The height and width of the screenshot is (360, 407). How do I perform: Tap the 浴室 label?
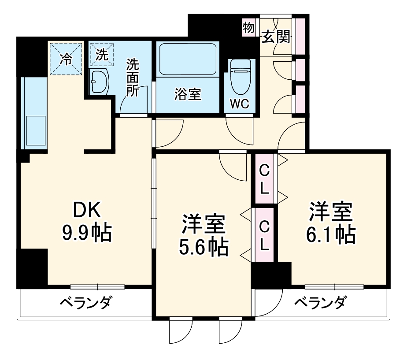pos(188,94)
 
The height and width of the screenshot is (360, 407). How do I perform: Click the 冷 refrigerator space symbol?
pos(66,59)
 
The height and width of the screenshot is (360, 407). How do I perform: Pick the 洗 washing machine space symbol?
pos(101,55)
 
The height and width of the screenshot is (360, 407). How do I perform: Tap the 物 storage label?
pos(248,28)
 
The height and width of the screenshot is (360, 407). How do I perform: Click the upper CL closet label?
pos(264,178)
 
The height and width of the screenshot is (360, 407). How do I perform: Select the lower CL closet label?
pos(264,236)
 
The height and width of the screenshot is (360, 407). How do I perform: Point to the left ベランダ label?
pos(86,303)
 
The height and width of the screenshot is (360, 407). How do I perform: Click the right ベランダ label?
pos(320,303)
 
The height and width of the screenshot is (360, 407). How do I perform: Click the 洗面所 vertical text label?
pos(133,78)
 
